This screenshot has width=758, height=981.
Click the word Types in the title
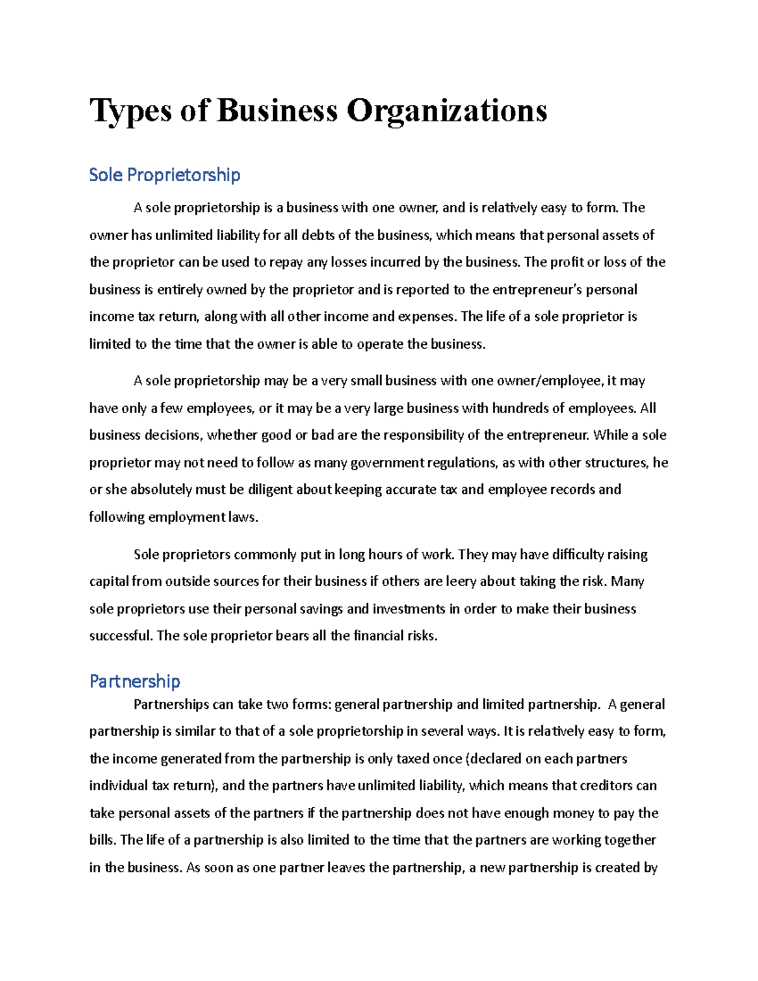coord(131,111)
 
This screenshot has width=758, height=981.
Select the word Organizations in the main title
coord(446,111)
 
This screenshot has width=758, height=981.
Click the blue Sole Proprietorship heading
coord(164,175)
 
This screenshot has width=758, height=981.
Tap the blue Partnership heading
coord(135,681)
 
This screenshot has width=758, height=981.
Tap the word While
coord(611,435)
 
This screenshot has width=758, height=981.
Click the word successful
coord(120,636)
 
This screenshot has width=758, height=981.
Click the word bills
coord(102,840)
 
